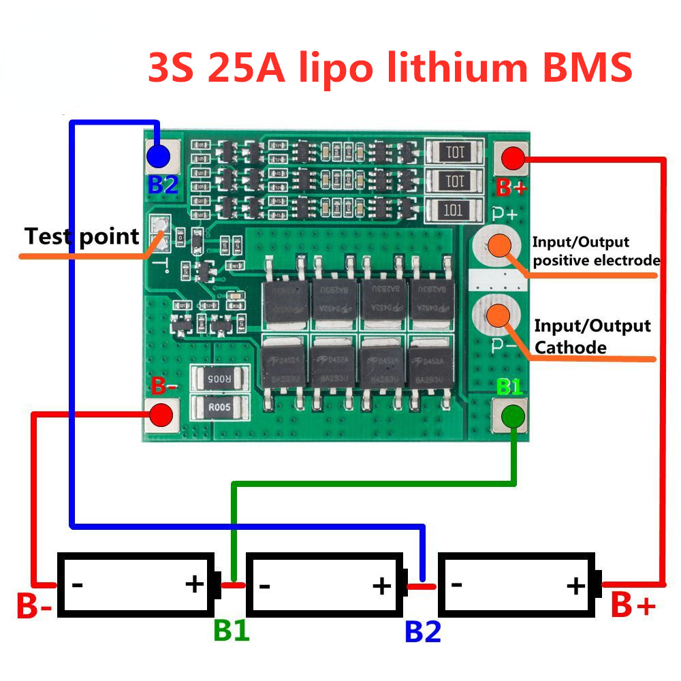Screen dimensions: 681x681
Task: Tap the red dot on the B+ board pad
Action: tap(512, 159)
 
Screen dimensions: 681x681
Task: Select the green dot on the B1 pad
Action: tap(512, 415)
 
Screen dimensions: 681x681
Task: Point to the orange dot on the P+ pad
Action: tap(501, 247)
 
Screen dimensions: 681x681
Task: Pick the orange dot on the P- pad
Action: tap(500, 315)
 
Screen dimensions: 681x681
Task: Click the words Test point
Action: tap(82, 237)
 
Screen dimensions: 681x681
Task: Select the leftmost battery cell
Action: tap(136, 585)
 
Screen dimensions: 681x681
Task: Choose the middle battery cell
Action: tap(324, 585)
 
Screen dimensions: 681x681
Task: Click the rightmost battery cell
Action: tap(518, 585)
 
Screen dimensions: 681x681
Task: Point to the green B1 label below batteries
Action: tap(232, 631)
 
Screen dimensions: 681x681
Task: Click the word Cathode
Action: tap(571, 347)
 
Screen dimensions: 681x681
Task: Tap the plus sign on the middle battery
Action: tap(382, 585)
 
